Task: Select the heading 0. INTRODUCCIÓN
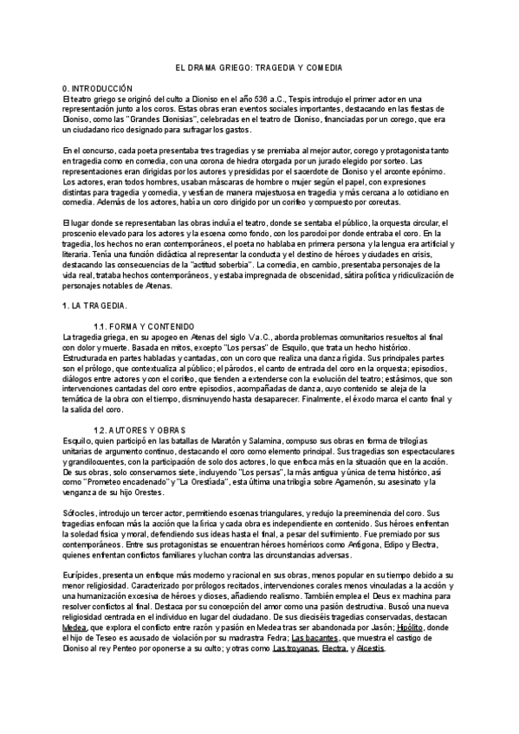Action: (x=97, y=88)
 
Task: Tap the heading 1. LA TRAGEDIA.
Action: (x=95, y=306)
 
